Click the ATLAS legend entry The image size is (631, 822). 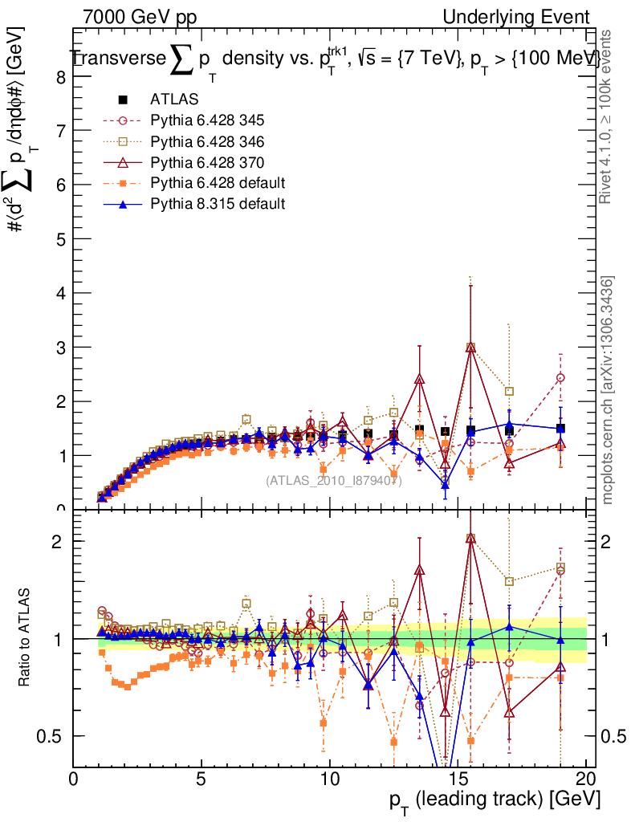click(x=169, y=100)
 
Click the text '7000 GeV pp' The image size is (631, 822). click(x=140, y=17)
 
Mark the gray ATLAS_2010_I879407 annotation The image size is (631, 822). click(x=333, y=481)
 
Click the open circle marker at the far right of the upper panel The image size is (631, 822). click(x=560, y=377)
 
